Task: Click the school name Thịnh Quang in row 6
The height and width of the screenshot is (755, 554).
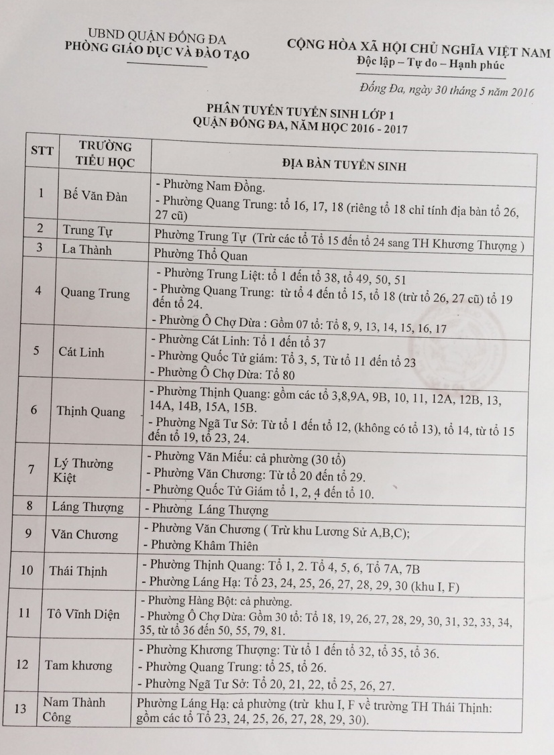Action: [91, 411]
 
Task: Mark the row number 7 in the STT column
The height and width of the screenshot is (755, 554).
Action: [32, 469]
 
